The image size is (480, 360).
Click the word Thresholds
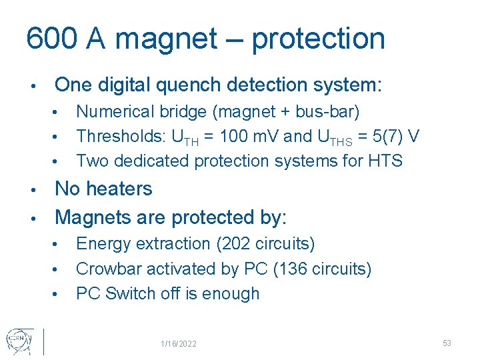121,136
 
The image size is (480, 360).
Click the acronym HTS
384,161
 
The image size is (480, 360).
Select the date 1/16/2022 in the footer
178,343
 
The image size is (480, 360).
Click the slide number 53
447,343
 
